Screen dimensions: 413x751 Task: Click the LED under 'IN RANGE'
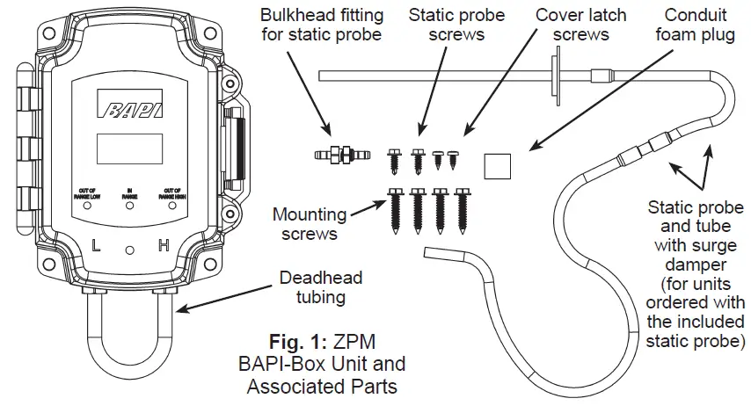[x=129, y=205]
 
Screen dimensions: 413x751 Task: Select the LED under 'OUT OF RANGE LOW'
[x=87, y=205]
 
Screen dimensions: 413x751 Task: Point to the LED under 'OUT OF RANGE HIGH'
[x=171, y=205]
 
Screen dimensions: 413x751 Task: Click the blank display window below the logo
[x=128, y=149]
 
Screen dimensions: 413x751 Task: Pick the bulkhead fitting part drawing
[x=339, y=156]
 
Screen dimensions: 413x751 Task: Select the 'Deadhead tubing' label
[x=320, y=287]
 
